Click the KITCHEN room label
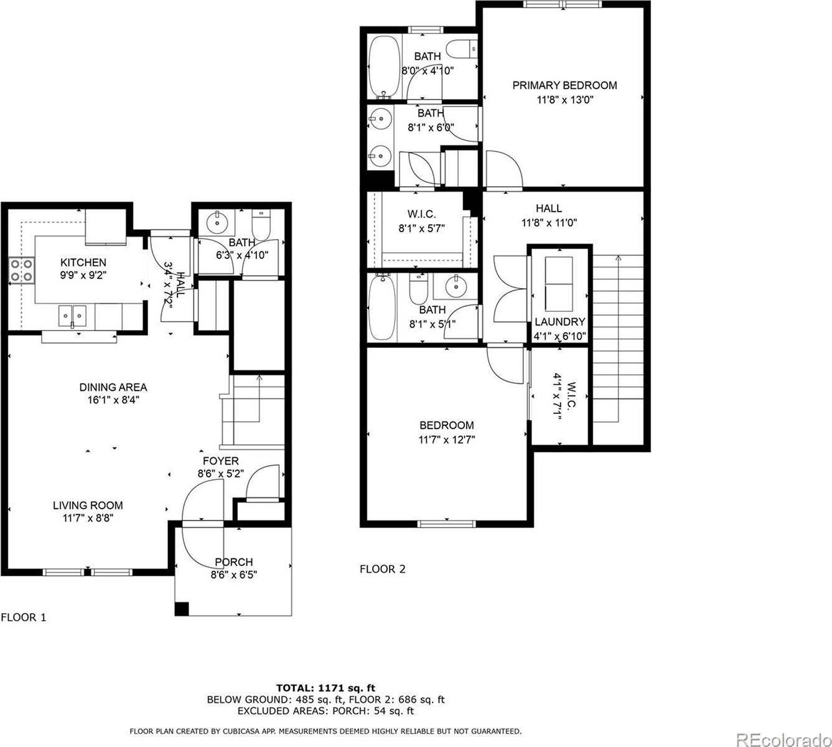(x=83, y=263)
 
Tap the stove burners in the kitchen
(x=21, y=271)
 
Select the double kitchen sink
(x=73, y=316)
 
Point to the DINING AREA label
(x=113, y=387)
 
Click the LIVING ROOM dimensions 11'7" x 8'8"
(x=87, y=517)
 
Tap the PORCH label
(x=233, y=562)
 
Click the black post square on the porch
(x=182, y=609)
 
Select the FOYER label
(x=220, y=461)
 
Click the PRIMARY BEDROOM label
(x=564, y=85)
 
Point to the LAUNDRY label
(x=560, y=322)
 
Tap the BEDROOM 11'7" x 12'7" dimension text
(x=446, y=439)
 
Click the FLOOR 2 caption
(x=382, y=569)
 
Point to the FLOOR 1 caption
(x=24, y=618)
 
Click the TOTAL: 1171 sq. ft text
(x=325, y=688)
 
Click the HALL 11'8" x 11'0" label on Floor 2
(x=548, y=215)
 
